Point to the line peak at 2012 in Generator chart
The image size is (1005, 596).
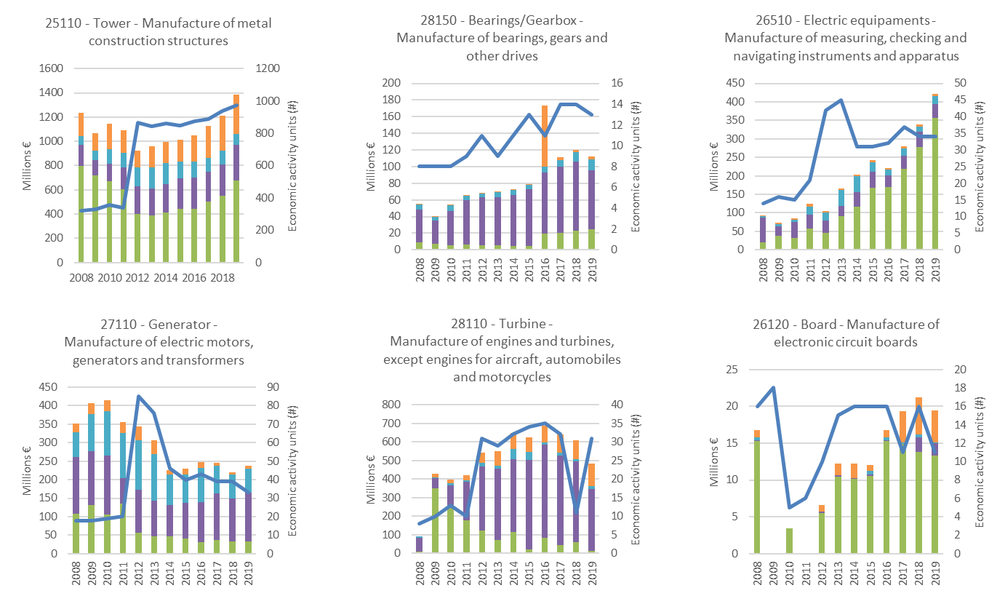click(138, 397)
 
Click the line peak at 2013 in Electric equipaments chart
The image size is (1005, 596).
click(841, 100)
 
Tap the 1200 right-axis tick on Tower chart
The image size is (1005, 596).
click(264, 68)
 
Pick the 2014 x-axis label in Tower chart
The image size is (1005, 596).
click(166, 278)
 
